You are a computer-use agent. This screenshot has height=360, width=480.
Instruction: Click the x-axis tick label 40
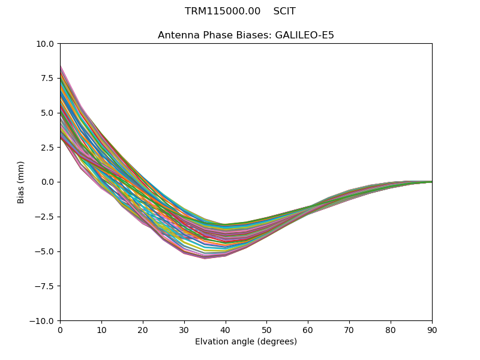[x=225, y=330]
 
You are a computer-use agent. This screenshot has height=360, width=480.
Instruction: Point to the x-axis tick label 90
[x=432, y=330]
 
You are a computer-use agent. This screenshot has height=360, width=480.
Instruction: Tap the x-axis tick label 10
[x=101, y=330]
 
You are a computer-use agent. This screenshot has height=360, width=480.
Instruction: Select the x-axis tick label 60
[x=308, y=330]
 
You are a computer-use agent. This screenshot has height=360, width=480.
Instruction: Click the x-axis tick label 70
[x=349, y=330]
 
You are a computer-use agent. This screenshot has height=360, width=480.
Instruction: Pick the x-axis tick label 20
[x=143, y=330]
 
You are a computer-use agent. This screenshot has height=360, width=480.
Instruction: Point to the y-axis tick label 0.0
[x=48, y=182]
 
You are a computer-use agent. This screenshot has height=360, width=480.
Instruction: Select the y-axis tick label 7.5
[x=48, y=79]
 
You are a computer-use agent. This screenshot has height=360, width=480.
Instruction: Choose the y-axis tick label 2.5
[x=48, y=148]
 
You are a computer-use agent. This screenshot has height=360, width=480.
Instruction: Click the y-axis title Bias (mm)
[x=22, y=182]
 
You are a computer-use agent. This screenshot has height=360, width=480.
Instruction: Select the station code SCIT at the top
[x=284, y=11]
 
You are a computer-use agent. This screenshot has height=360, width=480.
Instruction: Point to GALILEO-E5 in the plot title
[x=304, y=35]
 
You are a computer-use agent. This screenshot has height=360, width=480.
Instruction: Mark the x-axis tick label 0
[x=60, y=330]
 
